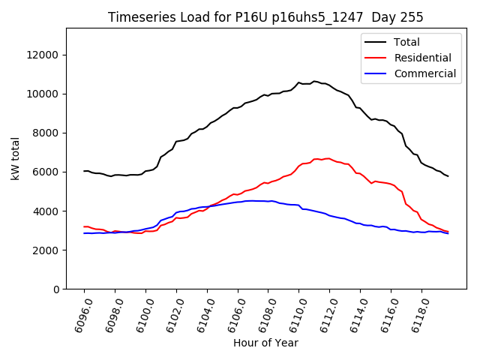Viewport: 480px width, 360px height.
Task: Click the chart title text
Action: (x=265, y=17)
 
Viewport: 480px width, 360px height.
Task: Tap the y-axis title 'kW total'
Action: (x=16, y=158)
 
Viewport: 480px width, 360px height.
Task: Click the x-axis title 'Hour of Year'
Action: (x=265, y=343)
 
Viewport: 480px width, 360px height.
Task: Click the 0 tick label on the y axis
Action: (x=57, y=289)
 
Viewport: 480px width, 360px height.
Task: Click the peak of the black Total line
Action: (x=314, y=81)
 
